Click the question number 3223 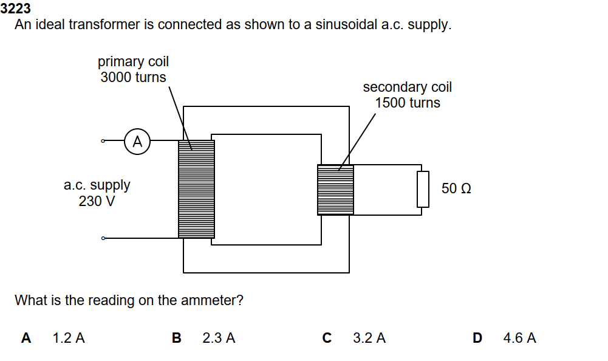[16, 9]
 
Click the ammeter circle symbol [137, 142]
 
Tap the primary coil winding [196, 189]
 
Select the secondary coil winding [335, 190]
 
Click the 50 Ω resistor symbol [423, 189]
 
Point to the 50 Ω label [456, 188]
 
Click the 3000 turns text [133, 77]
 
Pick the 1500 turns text [407, 103]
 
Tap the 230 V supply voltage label [97, 201]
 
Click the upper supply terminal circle [103, 142]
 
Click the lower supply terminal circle [103, 238]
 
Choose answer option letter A [26, 338]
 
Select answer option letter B [176, 338]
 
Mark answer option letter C [327, 338]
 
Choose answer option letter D [477, 338]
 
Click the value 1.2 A [69, 338]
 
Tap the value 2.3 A [219, 338]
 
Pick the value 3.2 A [369, 338]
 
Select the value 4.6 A [519, 338]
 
